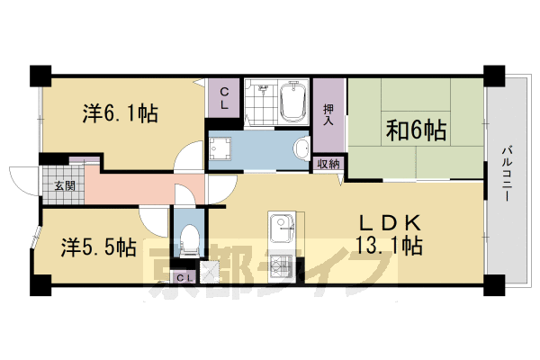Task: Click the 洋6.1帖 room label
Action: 121,114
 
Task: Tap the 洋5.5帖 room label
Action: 99,246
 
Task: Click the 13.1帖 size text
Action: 390,244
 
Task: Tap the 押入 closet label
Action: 329,112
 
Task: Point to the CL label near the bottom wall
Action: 182,277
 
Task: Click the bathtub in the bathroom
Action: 294,103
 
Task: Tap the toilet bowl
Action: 188,239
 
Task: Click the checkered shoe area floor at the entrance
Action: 58,176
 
